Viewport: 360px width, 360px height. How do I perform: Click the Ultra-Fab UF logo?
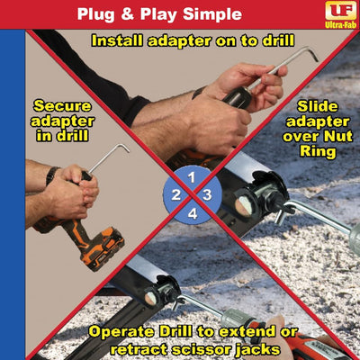pyautogui.click(x=340, y=15)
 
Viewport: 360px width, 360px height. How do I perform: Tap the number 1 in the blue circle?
pyautogui.click(x=192, y=177)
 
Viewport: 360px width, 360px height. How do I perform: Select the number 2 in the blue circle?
pyautogui.click(x=175, y=195)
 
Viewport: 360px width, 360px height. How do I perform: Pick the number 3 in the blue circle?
pyautogui.click(x=207, y=195)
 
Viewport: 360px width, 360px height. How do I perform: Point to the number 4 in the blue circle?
pyautogui.click(x=193, y=214)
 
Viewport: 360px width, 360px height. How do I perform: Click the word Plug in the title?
pyautogui.click(x=95, y=14)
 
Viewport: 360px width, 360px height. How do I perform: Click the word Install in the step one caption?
pyautogui.click(x=117, y=40)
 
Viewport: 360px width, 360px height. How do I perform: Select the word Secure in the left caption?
pyautogui.click(x=62, y=106)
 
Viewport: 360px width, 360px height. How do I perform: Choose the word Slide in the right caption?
pyautogui.click(x=318, y=106)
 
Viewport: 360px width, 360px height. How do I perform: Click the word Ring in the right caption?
pyautogui.click(x=318, y=151)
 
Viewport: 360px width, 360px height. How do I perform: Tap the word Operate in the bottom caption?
pyautogui.click(x=122, y=332)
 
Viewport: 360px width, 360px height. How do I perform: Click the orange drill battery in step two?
pyautogui.click(x=103, y=249)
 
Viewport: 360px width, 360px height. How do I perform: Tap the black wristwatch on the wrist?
pyautogui.click(x=52, y=175)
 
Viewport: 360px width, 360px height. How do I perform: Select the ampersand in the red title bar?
pyautogui.click(x=128, y=14)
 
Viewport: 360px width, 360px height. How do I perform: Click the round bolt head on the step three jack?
pyautogui.click(x=243, y=207)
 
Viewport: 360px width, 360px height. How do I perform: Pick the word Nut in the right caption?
pyautogui.click(x=339, y=137)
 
